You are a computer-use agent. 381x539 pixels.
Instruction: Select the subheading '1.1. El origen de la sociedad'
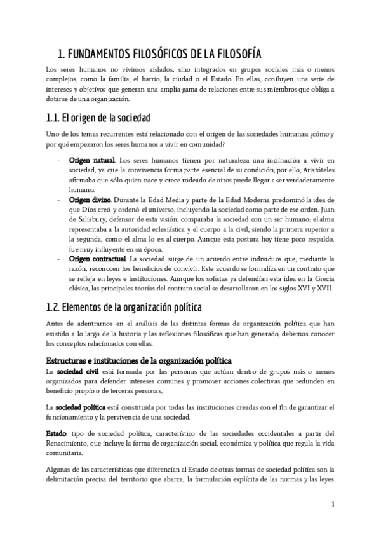(98, 118)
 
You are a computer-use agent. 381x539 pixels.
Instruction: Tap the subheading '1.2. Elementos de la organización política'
(124, 308)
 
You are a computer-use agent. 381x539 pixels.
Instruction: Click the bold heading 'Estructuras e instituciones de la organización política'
(139, 360)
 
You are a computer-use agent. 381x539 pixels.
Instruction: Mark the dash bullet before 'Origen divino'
(58, 199)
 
